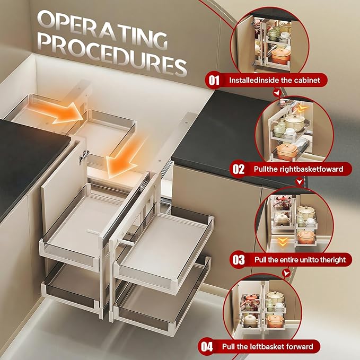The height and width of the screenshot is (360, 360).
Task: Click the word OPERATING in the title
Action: click(x=102, y=29)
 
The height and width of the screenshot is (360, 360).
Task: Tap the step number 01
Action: click(x=214, y=81)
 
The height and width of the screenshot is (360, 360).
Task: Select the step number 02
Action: click(x=238, y=169)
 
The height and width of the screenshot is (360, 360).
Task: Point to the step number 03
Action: click(x=239, y=260)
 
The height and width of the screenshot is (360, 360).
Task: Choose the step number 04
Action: click(x=207, y=347)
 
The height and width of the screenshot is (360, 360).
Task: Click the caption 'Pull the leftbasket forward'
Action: click(x=267, y=347)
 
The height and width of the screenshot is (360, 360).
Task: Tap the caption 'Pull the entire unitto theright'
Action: click(x=300, y=260)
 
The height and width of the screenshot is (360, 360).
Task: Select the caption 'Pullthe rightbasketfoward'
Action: click(x=298, y=169)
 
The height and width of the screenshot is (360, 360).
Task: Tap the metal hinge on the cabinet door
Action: click(x=83, y=157)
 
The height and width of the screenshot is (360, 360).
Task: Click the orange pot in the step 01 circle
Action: click(x=281, y=55)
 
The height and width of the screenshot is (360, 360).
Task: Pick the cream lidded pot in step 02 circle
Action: click(x=294, y=121)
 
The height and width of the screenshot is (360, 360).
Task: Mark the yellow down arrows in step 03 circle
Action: click(x=282, y=242)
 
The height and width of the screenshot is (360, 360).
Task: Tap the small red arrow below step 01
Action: click(x=277, y=93)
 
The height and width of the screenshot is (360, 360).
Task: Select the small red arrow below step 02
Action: click(x=299, y=182)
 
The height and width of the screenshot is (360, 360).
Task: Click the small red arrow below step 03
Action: click(x=286, y=273)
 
